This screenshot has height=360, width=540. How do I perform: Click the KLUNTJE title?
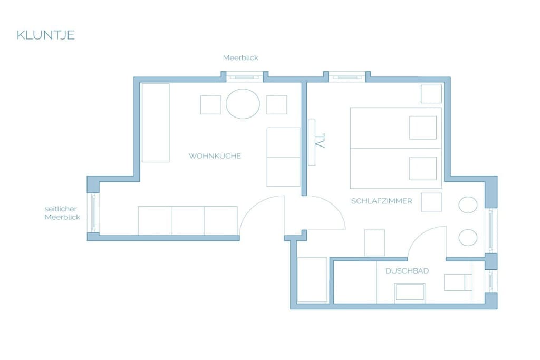click(46, 35)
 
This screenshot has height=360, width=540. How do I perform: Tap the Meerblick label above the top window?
click(240, 57)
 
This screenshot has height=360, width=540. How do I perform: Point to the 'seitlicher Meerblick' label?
click(62, 213)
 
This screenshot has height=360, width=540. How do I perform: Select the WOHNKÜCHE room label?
click(215, 156)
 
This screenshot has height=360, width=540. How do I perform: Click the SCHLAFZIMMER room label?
click(382, 201)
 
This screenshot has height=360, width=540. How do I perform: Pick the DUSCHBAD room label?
click(407, 271)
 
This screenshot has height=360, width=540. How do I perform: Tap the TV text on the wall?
click(320, 141)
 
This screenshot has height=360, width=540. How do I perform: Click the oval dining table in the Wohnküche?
click(243, 104)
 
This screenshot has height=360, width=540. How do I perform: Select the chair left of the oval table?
click(211, 105)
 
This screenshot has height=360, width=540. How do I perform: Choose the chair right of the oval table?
click(276, 105)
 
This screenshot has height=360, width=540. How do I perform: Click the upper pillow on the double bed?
click(423, 128)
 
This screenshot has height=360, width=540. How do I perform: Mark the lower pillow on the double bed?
click(423, 168)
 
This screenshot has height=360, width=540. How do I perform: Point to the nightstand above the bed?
click(431, 94)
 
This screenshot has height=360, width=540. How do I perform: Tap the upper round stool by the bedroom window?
click(468, 205)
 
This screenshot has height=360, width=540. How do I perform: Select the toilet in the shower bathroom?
click(458, 283)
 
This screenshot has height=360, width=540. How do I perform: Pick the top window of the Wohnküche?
click(244, 77)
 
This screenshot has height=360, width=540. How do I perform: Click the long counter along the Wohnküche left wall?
click(156, 122)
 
